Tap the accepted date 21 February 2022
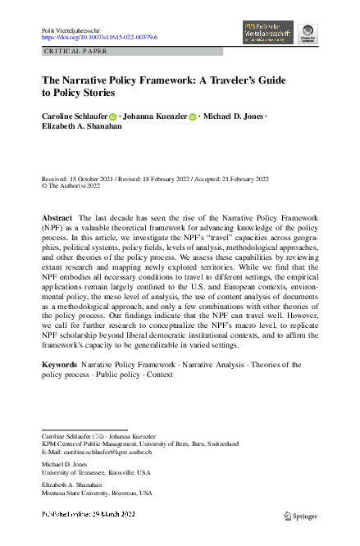246,178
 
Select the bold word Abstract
57,216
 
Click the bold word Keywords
59,362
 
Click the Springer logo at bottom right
300,516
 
